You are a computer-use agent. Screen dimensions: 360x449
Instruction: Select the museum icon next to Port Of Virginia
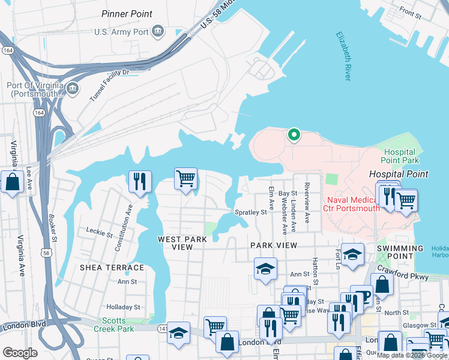[x=73, y=89]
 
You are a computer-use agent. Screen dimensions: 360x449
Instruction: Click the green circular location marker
[x=294, y=135]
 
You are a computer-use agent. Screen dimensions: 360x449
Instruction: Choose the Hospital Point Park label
[x=400, y=157]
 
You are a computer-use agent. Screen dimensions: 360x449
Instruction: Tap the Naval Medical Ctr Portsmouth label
[x=354, y=203]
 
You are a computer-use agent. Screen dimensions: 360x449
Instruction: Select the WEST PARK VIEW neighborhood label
[x=182, y=243]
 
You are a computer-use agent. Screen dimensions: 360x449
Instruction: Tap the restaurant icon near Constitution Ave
[x=140, y=181]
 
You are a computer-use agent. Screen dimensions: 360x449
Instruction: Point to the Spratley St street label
[x=250, y=212]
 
